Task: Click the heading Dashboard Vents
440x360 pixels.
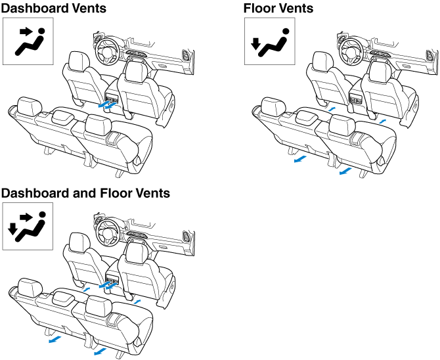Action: coord(53,9)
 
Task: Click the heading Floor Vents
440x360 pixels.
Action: coord(278,9)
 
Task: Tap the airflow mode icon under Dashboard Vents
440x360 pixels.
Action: coord(28,41)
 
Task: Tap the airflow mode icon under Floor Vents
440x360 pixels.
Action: coord(270,41)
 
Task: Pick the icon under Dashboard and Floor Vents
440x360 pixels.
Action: coord(28,226)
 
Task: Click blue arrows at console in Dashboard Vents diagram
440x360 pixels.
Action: coord(106,103)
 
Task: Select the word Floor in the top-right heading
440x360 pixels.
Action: coord(260,9)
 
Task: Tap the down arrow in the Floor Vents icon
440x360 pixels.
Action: coord(257,45)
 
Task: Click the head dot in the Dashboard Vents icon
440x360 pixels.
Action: coord(41,30)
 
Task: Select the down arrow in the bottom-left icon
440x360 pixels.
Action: coord(13,229)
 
